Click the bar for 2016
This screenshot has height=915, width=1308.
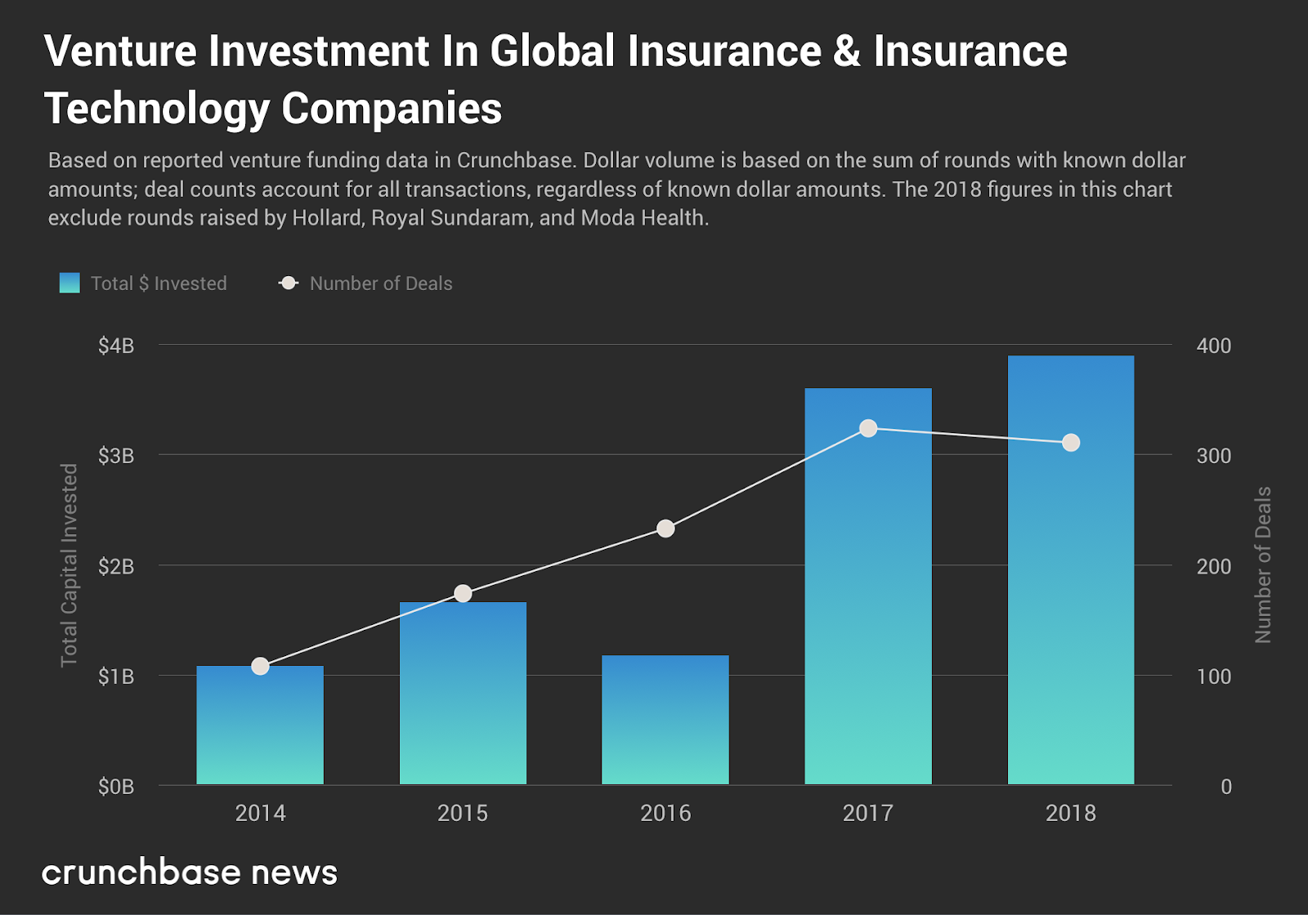(665, 720)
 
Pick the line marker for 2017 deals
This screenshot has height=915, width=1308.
(868, 429)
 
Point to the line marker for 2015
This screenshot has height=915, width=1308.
(463, 593)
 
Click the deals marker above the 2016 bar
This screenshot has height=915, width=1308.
(665, 529)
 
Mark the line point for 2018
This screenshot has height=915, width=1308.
(1071, 443)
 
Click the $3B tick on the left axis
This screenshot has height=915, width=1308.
(116, 456)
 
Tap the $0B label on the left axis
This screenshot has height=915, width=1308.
(116, 787)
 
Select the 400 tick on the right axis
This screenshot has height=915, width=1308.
(1213, 346)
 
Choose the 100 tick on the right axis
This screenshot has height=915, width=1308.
(1213, 676)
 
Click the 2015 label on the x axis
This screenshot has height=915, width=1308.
(463, 813)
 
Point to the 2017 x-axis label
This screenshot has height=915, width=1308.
(868, 813)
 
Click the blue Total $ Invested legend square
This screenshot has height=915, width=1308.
(69, 283)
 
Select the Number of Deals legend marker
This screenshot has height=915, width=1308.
(289, 283)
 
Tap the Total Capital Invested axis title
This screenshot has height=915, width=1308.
(69, 565)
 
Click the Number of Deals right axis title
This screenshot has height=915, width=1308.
(1263, 565)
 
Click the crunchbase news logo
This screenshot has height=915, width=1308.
(190, 873)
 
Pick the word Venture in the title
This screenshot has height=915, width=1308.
(120, 51)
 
